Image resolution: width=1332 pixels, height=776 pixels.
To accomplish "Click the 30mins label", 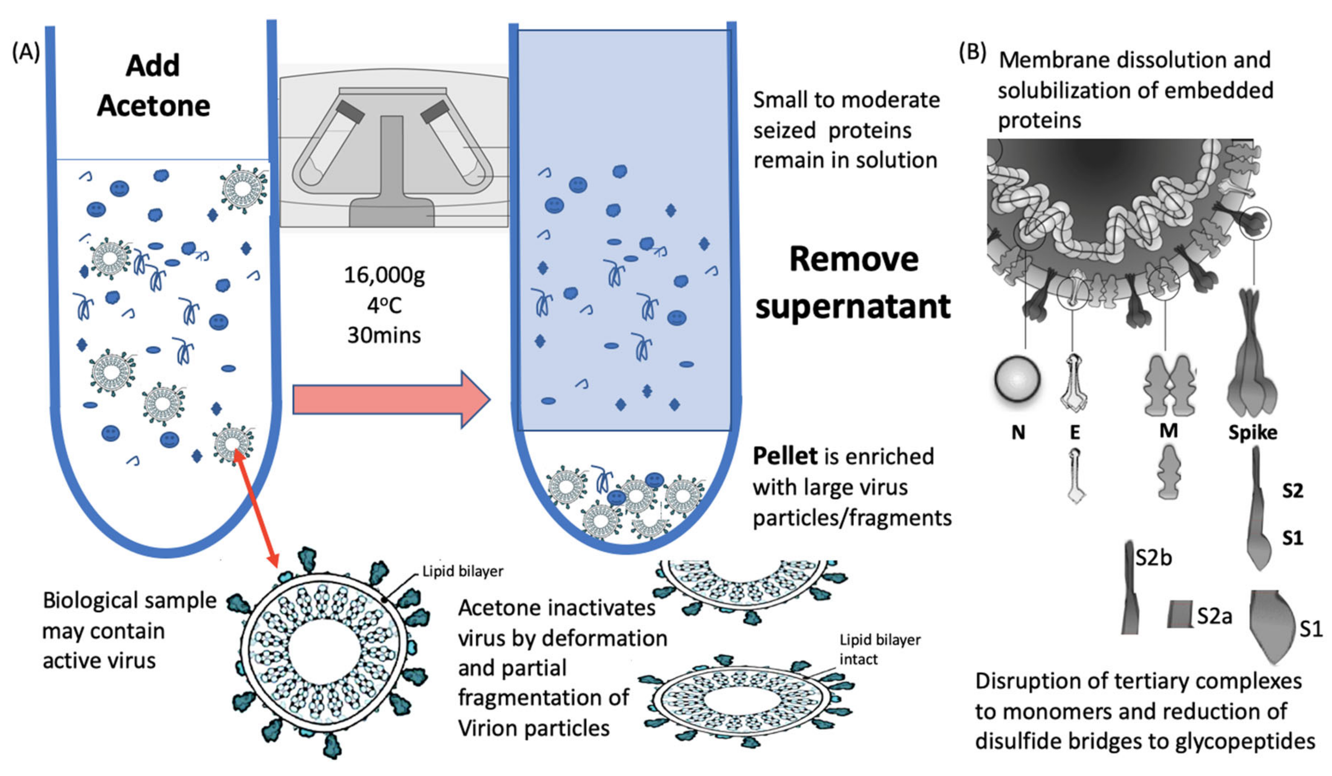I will coord(384,335).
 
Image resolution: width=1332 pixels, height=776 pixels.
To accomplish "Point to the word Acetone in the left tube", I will coord(153,106).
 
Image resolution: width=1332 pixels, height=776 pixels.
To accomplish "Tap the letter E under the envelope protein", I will coord(1075,432).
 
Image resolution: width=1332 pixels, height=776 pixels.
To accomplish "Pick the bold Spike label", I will coord(1252,432).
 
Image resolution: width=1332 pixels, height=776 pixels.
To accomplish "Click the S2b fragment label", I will coord(1154,558).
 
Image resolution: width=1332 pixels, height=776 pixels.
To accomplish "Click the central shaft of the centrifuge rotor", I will coord(391,158).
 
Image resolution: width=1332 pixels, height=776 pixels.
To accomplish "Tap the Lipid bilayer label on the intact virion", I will coord(463,571).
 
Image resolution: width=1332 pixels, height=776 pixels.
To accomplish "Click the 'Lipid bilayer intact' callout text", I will coord(880,649).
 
